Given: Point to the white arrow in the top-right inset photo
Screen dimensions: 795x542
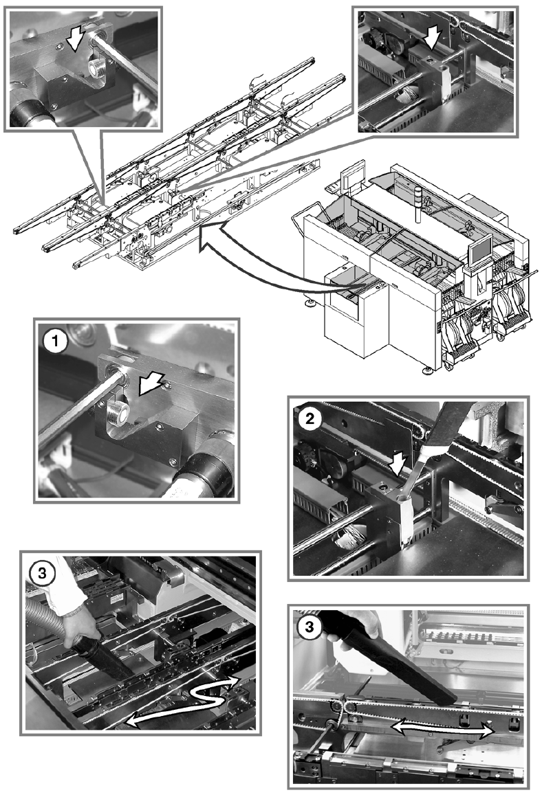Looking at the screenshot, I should coord(431,38).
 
